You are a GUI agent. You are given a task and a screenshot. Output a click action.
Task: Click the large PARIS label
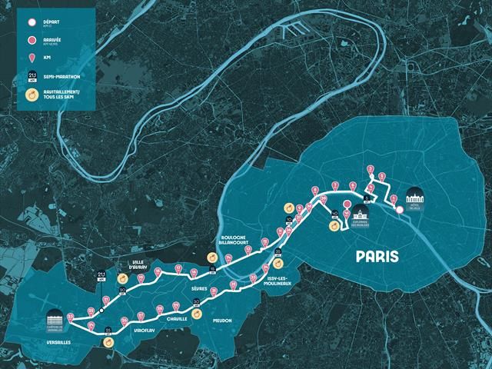[377, 256]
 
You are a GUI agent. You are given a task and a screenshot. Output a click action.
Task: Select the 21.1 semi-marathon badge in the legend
[32, 76]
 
